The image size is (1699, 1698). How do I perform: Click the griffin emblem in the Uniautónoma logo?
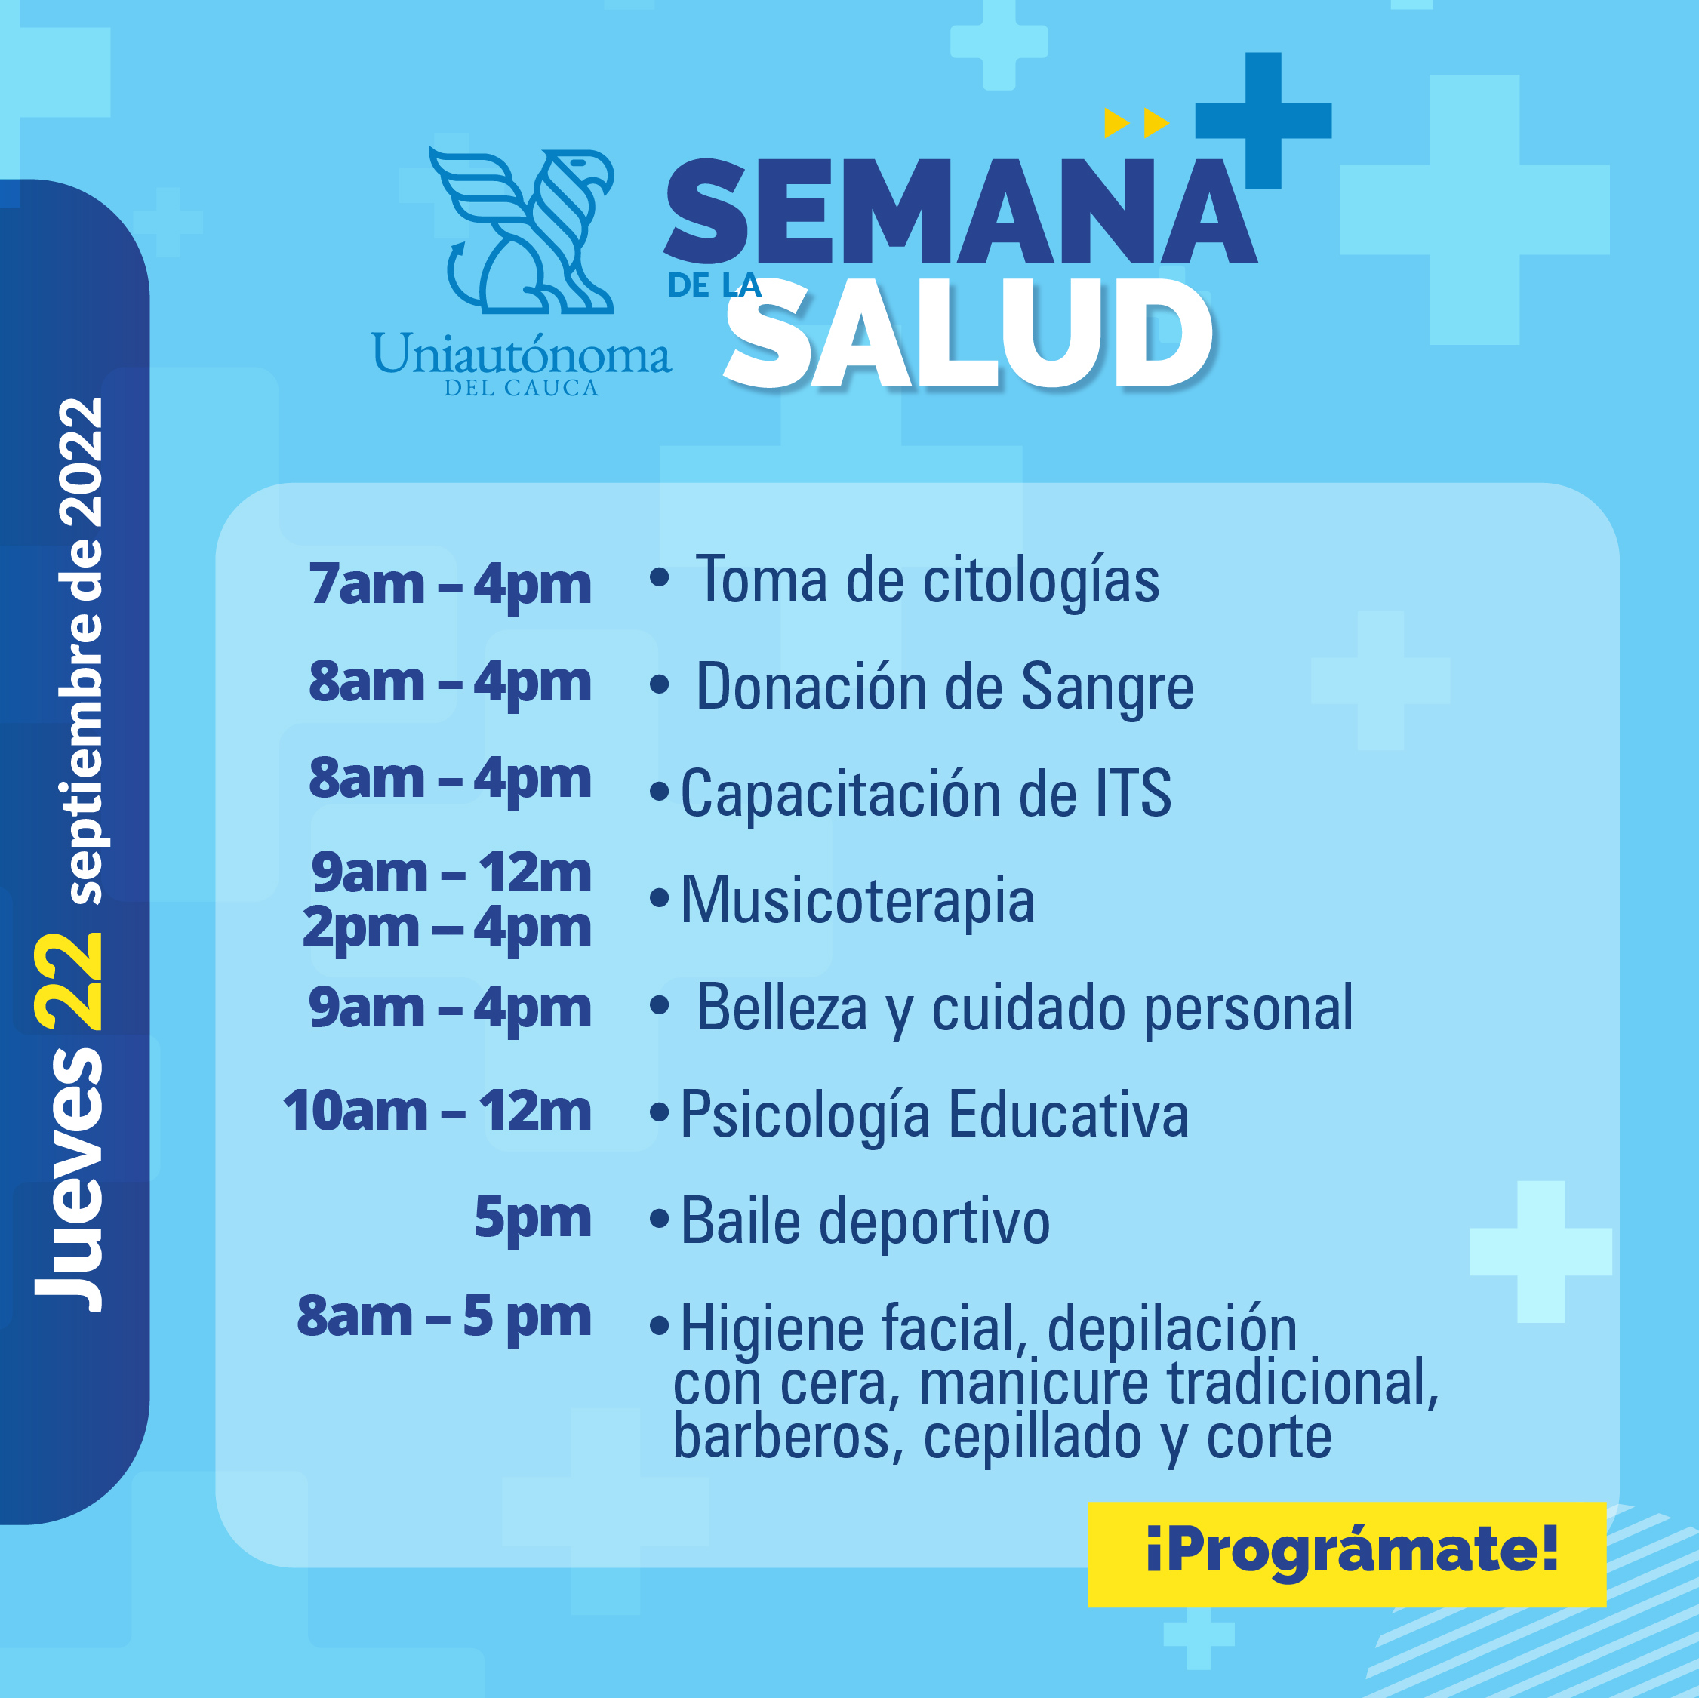point(522,230)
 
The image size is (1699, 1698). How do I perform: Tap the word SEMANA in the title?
point(961,211)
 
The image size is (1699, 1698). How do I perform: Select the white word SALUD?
point(968,335)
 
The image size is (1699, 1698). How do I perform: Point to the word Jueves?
point(69,1177)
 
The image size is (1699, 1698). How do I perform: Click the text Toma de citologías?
point(927,581)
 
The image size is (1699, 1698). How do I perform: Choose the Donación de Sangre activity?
point(944,688)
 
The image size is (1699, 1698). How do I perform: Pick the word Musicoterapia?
point(857,900)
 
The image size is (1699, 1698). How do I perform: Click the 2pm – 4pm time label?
point(447,928)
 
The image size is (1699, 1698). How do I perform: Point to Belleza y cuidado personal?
point(1024,1007)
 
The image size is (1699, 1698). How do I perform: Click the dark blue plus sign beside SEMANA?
point(1263,121)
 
